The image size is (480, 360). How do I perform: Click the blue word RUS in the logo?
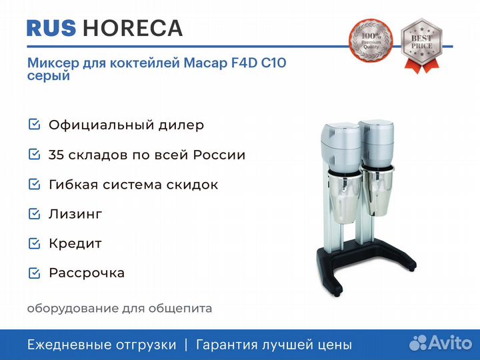tap(51, 28)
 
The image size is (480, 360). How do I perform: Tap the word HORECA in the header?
tap(133, 28)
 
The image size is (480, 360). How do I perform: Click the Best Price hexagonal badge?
tap(421, 45)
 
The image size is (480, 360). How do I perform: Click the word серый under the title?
tap(49, 75)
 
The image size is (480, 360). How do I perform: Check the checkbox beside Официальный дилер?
tap(34, 124)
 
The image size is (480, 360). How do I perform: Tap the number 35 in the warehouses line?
tap(56, 155)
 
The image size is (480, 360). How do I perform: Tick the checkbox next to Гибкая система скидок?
tap(34, 184)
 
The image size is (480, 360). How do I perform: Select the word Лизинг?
tap(75, 214)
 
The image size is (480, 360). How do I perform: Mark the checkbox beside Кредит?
tap(34, 243)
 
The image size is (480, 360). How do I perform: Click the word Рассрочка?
tap(87, 273)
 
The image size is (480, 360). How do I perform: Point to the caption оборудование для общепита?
tap(119, 309)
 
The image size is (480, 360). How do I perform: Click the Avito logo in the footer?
tap(441, 342)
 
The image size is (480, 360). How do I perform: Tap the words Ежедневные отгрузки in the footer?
tap(101, 345)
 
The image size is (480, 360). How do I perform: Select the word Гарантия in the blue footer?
tap(227, 345)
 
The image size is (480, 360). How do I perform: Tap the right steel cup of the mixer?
tap(377, 191)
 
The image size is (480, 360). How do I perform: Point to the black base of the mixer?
tap(365, 263)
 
